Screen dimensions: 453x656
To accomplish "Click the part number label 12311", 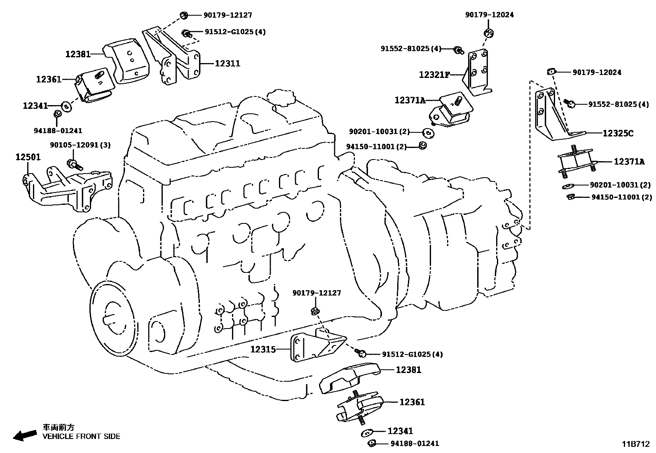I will [227, 63].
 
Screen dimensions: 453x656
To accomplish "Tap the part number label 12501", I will [28, 157].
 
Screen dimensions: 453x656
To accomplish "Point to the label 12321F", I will [434, 75].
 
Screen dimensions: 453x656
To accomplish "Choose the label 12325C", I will [618, 133].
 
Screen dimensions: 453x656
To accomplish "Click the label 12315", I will [263, 349].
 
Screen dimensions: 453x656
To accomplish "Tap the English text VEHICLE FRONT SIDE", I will [81, 436].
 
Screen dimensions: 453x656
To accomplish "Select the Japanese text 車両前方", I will [59, 427].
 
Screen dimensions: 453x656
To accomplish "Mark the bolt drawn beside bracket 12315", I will [361, 353].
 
